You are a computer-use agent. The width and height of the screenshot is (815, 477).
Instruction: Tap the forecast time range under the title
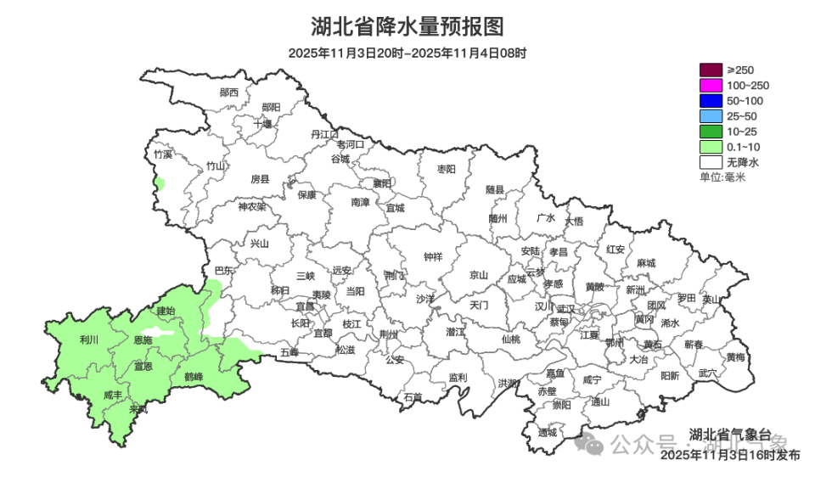coord(407,53)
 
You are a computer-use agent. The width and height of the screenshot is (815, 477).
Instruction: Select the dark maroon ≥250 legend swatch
coord(710,70)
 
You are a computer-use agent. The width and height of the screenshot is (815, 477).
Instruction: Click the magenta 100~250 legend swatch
coord(710,85)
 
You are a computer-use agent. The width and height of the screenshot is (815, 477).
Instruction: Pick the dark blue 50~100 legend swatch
coord(710,100)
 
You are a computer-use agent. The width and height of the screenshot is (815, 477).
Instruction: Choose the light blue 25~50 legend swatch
coord(710,115)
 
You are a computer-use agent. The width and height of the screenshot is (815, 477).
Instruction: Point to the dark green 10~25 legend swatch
coord(710,131)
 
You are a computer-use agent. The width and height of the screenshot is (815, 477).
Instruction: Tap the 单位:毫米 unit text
coord(722,177)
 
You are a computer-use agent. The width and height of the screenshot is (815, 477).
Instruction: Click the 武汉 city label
coord(566,309)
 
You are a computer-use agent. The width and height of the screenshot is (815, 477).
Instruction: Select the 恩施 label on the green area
coord(143,340)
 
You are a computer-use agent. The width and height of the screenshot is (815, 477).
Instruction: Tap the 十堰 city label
coord(263,124)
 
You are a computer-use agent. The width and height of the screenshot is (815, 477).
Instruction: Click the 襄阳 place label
coord(382,182)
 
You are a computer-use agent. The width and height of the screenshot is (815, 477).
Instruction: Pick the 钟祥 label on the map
coord(433,257)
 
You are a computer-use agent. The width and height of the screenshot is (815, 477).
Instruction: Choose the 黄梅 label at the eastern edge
coord(735,357)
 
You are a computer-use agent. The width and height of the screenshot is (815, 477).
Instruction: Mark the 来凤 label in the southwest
coord(138,410)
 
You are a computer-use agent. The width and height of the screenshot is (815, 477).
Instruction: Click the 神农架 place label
coord(251,206)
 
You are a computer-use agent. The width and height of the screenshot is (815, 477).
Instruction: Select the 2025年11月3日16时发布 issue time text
coord(729,455)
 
